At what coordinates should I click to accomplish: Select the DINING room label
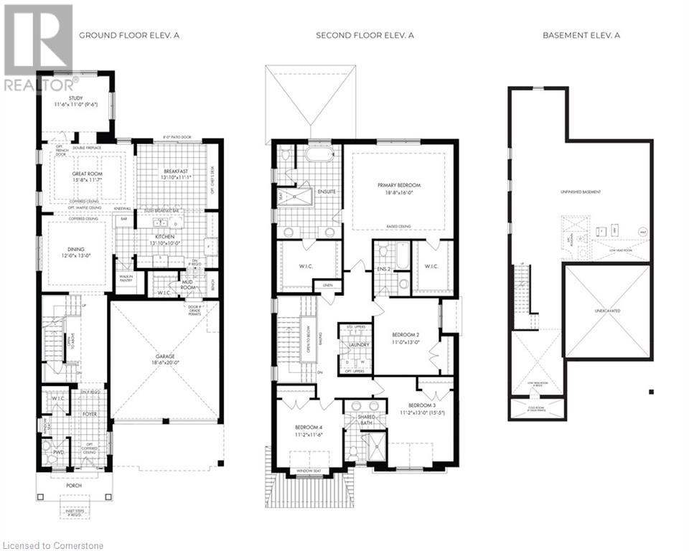tap(75, 250)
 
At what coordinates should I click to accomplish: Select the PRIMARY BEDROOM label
tap(399, 185)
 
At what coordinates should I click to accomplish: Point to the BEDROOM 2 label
tap(406, 335)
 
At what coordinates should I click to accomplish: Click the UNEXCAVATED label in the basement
tap(606, 311)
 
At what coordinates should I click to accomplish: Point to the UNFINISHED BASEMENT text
tap(581, 192)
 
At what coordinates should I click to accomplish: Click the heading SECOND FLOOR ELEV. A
tap(365, 34)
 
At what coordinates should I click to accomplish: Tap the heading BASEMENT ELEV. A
tap(580, 34)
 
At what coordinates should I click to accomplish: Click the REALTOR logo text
tap(37, 85)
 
